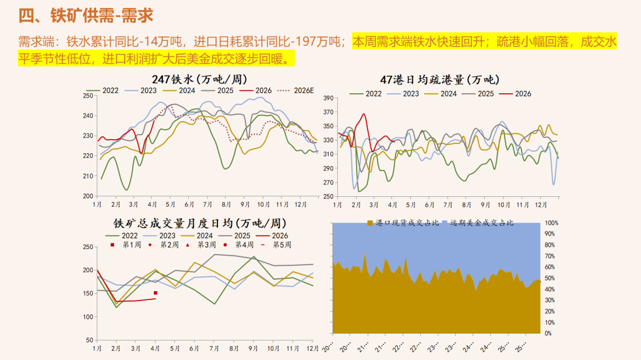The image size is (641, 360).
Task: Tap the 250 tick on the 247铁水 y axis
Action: point(88,96)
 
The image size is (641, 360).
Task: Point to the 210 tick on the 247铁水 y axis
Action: point(88,176)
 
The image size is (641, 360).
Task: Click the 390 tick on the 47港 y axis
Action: point(327,98)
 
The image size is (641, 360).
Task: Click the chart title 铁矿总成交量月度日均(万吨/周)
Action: point(200,223)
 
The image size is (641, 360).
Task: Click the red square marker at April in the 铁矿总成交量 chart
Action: point(156,293)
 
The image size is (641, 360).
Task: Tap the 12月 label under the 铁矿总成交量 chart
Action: point(313,348)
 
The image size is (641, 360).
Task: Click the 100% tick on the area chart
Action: point(551,223)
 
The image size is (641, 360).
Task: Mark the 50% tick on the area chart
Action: point(550,278)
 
